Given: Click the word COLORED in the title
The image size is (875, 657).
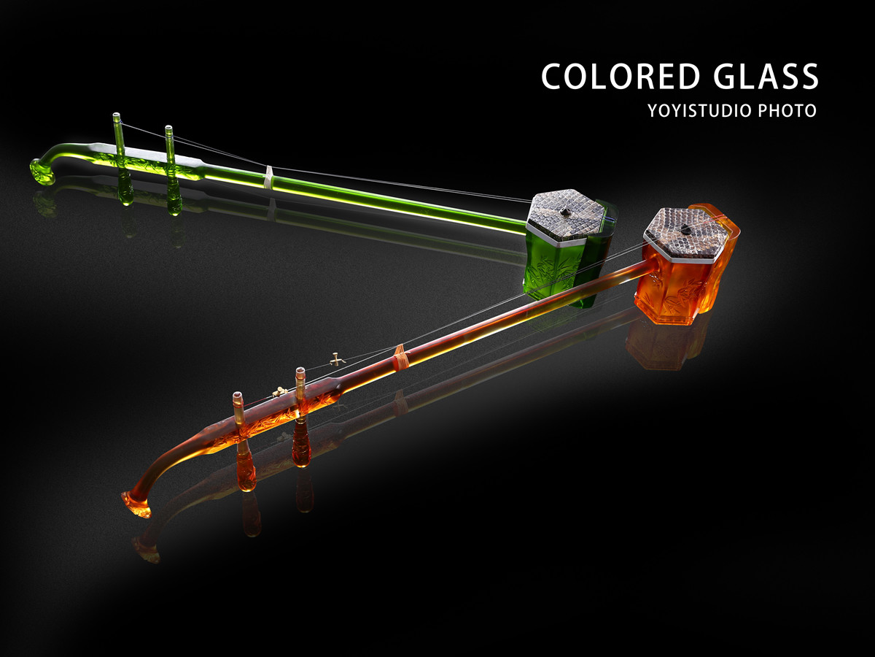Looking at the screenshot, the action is pyautogui.click(x=621, y=76).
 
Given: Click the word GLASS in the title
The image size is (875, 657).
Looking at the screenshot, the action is pyautogui.click(x=766, y=76).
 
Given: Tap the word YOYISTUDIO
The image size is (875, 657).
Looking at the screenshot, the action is pyautogui.click(x=701, y=110).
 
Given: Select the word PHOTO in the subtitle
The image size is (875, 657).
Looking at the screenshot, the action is pyautogui.click(x=787, y=110).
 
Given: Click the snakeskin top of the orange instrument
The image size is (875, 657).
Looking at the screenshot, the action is pyautogui.click(x=685, y=233).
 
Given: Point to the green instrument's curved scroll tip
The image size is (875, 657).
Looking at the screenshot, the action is pyautogui.click(x=44, y=171).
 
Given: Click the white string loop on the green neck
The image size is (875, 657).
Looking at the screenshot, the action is pyautogui.click(x=270, y=177).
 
